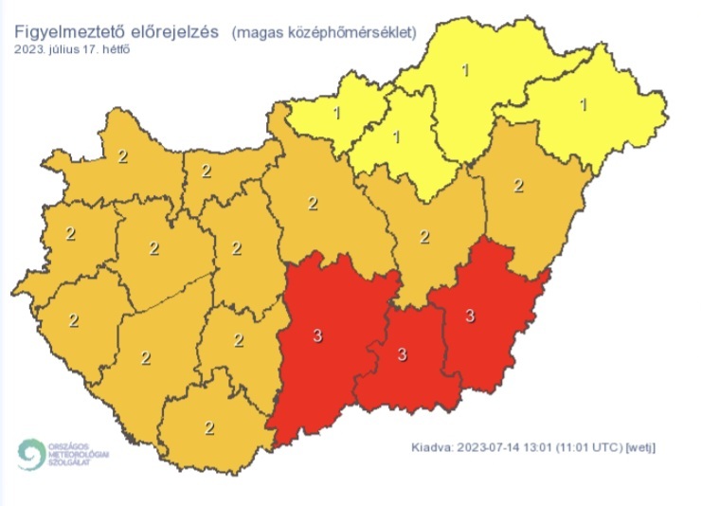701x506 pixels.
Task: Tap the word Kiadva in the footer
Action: coord(434,446)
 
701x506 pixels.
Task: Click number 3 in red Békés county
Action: coord(470,316)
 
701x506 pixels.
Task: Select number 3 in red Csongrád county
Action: coord(402,355)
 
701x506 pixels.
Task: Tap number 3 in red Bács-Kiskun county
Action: coord(317,334)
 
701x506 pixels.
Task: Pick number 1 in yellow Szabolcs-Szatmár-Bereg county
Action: coord(584,104)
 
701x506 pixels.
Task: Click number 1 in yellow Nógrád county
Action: coord(338,114)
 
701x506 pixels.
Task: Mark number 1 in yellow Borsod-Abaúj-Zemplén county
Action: coord(464,68)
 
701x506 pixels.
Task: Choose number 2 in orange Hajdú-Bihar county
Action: coord(518,185)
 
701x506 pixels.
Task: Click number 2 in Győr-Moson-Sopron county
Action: coord(121,156)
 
